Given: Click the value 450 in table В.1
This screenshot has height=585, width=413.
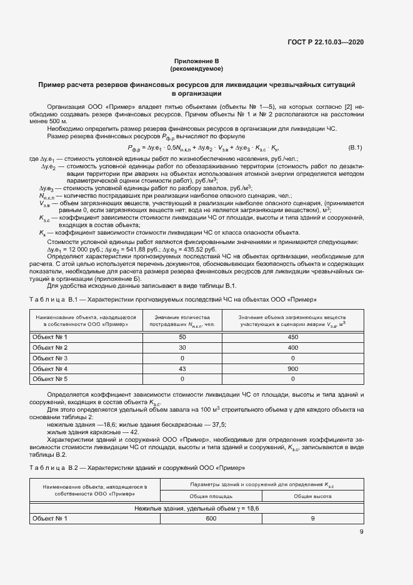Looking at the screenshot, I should (292, 337).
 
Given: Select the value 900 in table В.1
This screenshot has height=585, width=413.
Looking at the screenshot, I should (292, 369).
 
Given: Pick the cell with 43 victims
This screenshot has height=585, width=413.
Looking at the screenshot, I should (183, 369).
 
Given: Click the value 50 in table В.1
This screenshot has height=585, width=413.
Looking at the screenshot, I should (183, 337).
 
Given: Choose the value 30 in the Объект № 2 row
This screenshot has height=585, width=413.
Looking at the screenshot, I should (183, 348).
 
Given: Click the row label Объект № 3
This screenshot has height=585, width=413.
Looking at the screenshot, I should (49, 359).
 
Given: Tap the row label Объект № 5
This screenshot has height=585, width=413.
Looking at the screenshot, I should (49, 379).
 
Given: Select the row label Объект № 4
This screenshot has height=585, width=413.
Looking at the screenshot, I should (49, 369).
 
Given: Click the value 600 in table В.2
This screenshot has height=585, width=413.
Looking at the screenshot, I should (211, 519).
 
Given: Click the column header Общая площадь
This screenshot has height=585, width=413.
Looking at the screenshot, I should (211, 495).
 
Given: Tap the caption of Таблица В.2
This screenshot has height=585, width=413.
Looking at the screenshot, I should (137, 468).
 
